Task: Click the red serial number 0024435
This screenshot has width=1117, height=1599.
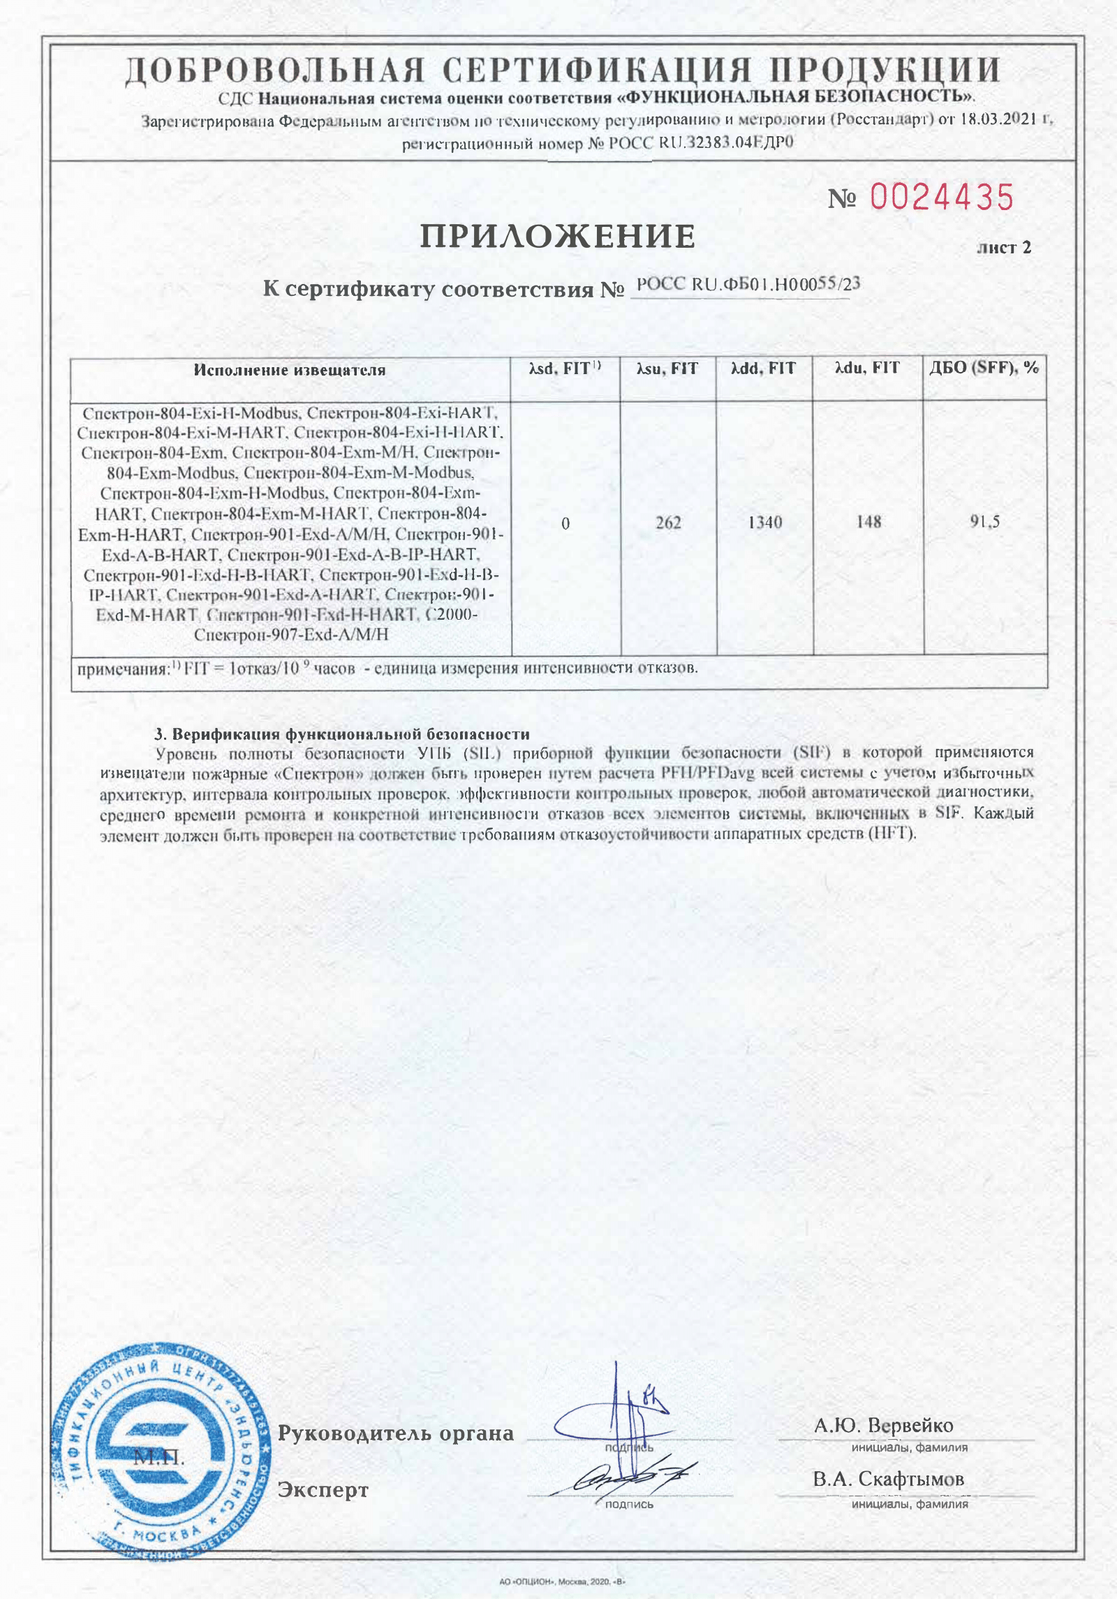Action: click(942, 198)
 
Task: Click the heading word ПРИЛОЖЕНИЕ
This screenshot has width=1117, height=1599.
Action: click(557, 237)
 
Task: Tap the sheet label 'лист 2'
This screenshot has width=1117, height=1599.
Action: click(1003, 248)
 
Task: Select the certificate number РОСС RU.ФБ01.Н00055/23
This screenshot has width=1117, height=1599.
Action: click(748, 285)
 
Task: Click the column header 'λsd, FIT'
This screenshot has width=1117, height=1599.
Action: click(565, 369)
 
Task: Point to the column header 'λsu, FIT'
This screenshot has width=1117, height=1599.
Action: click(667, 369)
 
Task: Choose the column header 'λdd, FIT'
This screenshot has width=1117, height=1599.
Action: click(763, 369)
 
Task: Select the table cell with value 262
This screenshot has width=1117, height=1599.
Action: click(668, 523)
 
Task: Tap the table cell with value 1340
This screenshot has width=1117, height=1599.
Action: click(764, 523)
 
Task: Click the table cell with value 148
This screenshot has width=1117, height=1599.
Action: click(868, 522)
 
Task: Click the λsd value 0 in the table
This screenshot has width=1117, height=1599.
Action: click(565, 523)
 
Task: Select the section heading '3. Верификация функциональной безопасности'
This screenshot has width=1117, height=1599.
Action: click(342, 734)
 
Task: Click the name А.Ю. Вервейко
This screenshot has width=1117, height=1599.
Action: click(883, 1426)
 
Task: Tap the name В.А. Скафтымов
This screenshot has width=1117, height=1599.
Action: click(888, 1479)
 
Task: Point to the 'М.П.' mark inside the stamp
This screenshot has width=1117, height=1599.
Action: click(159, 1457)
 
